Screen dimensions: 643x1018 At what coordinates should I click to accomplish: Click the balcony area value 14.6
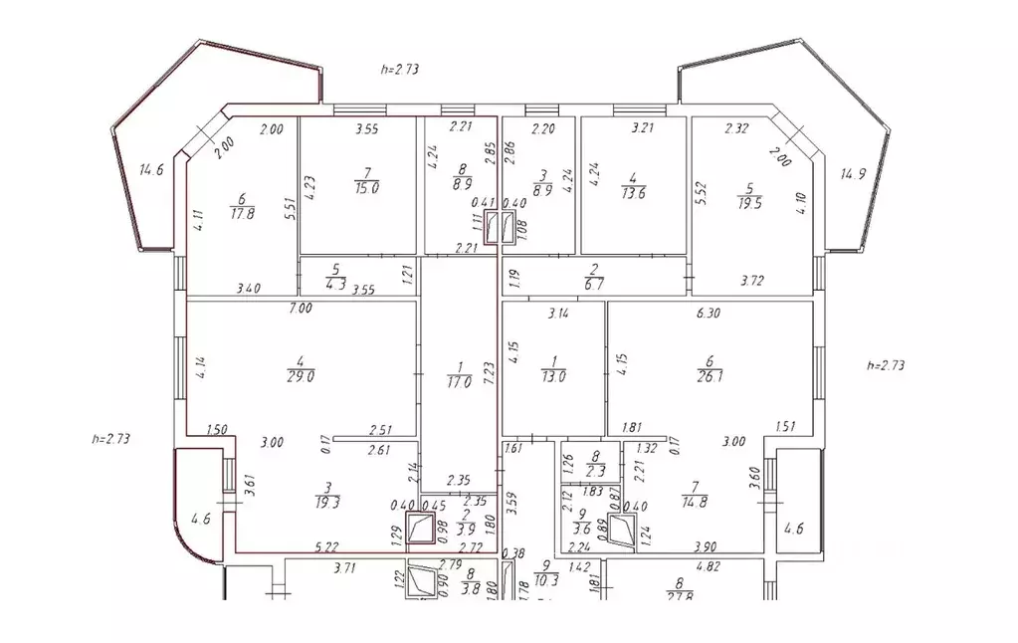tap(151, 170)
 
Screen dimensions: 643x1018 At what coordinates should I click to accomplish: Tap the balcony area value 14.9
tap(853, 173)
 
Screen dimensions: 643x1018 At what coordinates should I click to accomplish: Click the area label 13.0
tap(552, 376)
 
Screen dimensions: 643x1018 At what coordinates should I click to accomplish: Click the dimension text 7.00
tap(301, 309)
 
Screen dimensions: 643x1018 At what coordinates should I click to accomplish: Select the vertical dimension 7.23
tap(489, 374)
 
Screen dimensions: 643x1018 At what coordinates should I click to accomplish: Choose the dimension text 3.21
tap(646, 127)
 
